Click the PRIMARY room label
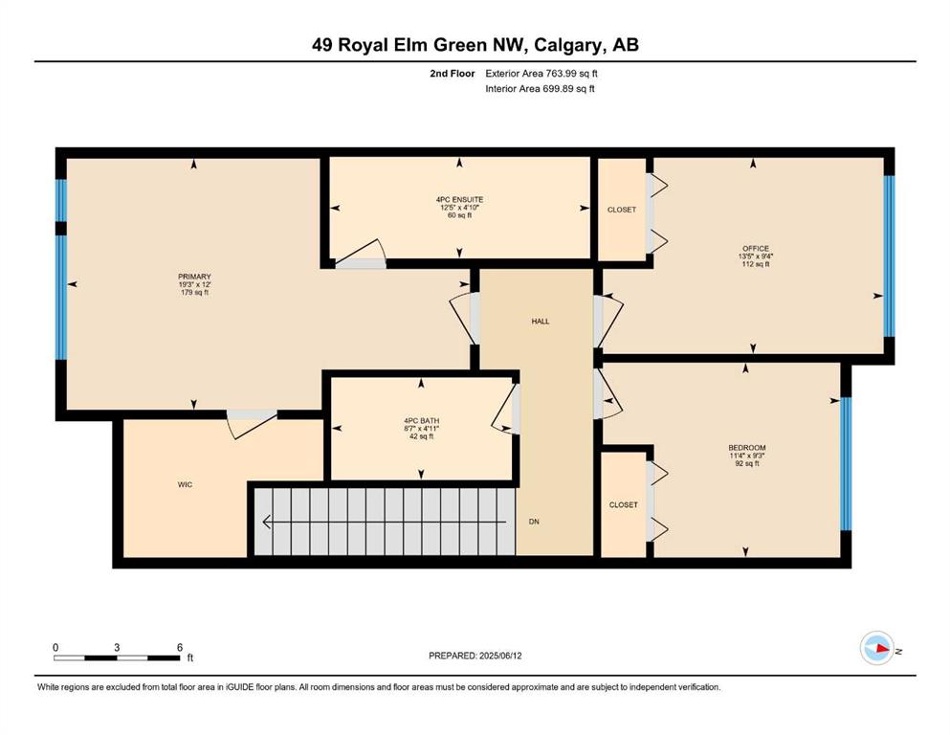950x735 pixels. pyautogui.click(x=194, y=277)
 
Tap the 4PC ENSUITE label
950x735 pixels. pyautogui.click(x=459, y=199)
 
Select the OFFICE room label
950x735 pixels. pyautogui.click(x=756, y=249)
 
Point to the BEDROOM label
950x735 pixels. pyautogui.click(x=747, y=448)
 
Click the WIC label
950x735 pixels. pyautogui.click(x=185, y=485)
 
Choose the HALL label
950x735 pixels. pyautogui.click(x=541, y=322)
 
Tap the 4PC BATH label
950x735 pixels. pyautogui.click(x=422, y=421)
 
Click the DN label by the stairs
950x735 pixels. pyautogui.click(x=534, y=522)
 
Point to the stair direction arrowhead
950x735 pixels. pyautogui.click(x=266, y=522)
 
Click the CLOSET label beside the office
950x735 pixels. pyautogui.click(x=622, y=210)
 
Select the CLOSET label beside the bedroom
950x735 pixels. pyautogui.click(x=624, y=504)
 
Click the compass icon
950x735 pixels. pyautogui.click(x=877, y=648)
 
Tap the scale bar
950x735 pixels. pyautogui.click(x=117, y=657)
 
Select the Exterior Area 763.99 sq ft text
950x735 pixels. pyautogui.click(x=541, y=74)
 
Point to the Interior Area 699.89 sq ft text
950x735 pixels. pyautogui.click(x=540, y=89)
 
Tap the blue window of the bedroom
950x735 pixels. pyautogui.click(x=846, y=463)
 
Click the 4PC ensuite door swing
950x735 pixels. pyautogui.click(x=362, y=255)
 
